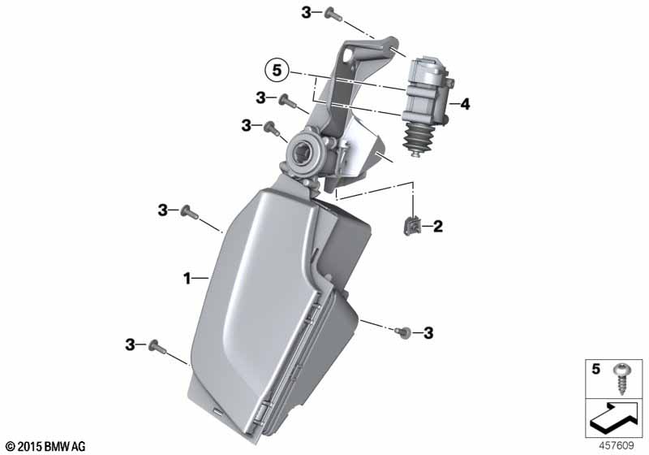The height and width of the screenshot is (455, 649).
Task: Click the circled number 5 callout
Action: pyautogui.click(x=277, y=71)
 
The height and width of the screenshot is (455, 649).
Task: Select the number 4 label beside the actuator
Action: pyautogui.click(x=465, y=104)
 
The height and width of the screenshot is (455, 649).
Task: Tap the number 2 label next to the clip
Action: pyautogui.click(x=438, y=226)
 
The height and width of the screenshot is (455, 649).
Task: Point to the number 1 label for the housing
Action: pyautogui.click(x=187, y=279)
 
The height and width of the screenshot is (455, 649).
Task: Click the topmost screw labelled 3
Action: pyautogui.click(x=333, y=15)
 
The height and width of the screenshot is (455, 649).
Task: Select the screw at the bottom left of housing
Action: pyautogui.click(x=157, y=346)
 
